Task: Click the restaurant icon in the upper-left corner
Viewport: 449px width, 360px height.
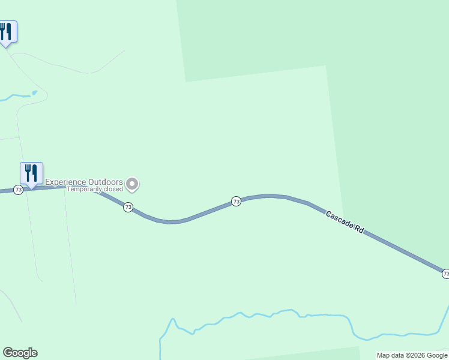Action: pos(6,31)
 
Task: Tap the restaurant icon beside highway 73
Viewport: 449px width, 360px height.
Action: pos(31,173)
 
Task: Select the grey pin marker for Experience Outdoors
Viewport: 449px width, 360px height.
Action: pos(133,184)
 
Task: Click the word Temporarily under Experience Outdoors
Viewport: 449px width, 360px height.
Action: pos(83,189)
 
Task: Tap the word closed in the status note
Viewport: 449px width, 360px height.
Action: pos(113,189)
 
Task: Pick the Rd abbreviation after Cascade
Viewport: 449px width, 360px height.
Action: pos(360,229)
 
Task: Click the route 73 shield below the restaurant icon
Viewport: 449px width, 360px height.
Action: pos(19,190)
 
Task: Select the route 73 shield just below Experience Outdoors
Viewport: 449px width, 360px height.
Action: pos(128,207)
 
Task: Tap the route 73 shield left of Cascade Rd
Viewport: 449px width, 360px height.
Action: pos(236,202)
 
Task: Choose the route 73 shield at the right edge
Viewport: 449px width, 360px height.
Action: pos(445,274)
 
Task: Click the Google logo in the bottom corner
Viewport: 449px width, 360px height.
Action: pos(20,353)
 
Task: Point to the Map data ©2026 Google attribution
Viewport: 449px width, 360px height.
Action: pos(412,355)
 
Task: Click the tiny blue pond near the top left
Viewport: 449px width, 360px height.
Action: pos(35,92)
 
